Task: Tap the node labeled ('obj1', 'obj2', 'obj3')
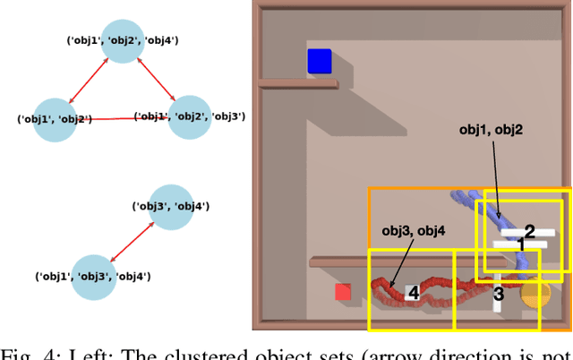coord(190,116)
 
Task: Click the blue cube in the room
coord(320,61)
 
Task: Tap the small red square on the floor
coord(342,292)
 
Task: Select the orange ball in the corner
coord(535,295)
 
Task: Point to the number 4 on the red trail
coord(413,293)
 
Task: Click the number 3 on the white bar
coord(499,294)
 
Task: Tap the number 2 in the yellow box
coord(529,230)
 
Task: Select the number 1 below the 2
coord(521,245)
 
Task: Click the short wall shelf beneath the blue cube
coord(298,83)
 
